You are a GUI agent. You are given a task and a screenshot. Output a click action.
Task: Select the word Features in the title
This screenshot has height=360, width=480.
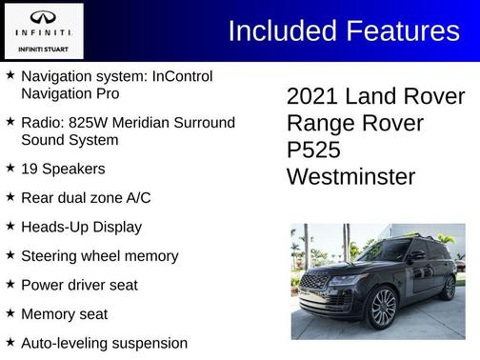point(400,30)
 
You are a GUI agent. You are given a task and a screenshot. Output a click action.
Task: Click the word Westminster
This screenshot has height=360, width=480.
point(350,177)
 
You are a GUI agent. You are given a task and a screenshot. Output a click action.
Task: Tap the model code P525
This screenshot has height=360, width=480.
point(313,150)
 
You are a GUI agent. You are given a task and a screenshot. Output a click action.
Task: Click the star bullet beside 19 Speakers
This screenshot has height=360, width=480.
point(10,168)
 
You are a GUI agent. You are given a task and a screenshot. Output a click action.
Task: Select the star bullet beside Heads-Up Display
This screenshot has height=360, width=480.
point(10,226)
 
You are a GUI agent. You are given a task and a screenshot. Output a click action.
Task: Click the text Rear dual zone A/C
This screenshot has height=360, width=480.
point(86,197)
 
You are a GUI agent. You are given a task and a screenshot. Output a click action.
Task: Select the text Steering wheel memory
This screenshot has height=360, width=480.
point(99,255)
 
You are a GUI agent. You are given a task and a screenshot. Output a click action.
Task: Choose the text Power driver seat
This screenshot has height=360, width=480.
point(79,284)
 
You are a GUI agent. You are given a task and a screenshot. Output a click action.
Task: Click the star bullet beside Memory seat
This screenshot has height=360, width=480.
point(10,312)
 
